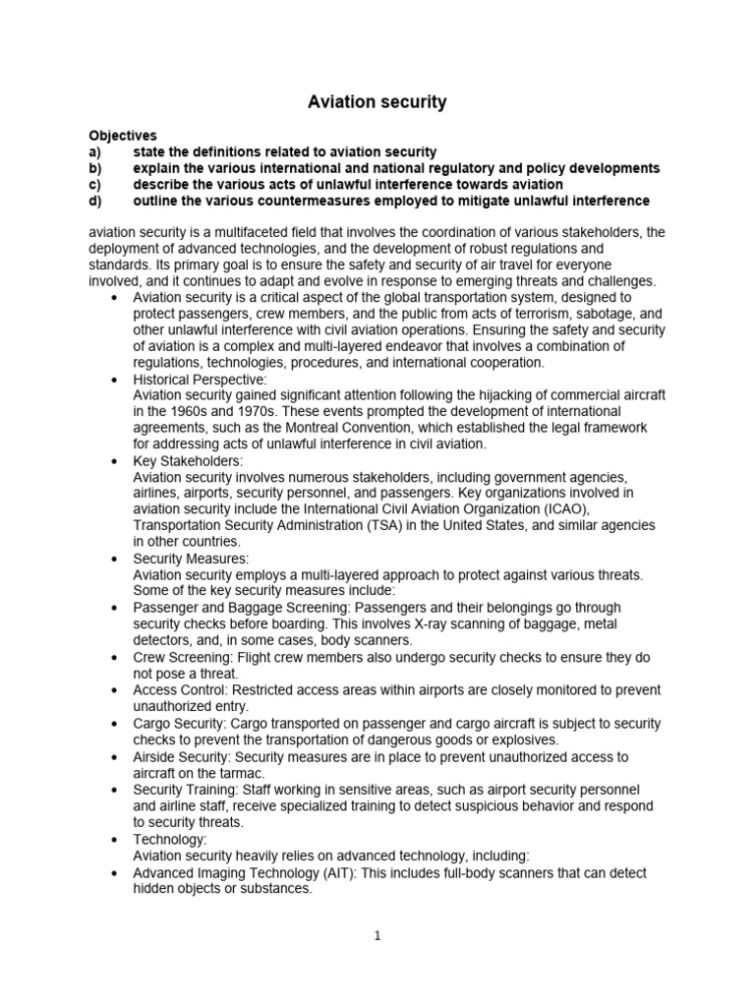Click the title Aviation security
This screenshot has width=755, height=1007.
377,101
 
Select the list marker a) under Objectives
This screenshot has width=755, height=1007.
94,151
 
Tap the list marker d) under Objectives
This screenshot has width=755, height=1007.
95,201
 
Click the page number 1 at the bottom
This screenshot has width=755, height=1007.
377,936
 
